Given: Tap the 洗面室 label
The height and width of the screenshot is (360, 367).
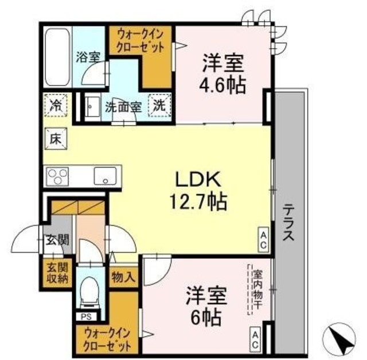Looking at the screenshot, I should point(122,106).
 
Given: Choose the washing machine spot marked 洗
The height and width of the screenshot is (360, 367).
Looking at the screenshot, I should point(158,105).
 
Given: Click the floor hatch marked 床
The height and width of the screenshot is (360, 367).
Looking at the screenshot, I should point(56,138).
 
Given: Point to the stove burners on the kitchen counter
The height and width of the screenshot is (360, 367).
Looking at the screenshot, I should point(57,175).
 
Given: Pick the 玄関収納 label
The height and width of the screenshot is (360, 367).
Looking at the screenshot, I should point(56,273).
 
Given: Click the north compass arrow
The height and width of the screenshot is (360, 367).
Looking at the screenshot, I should point(343,340).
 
